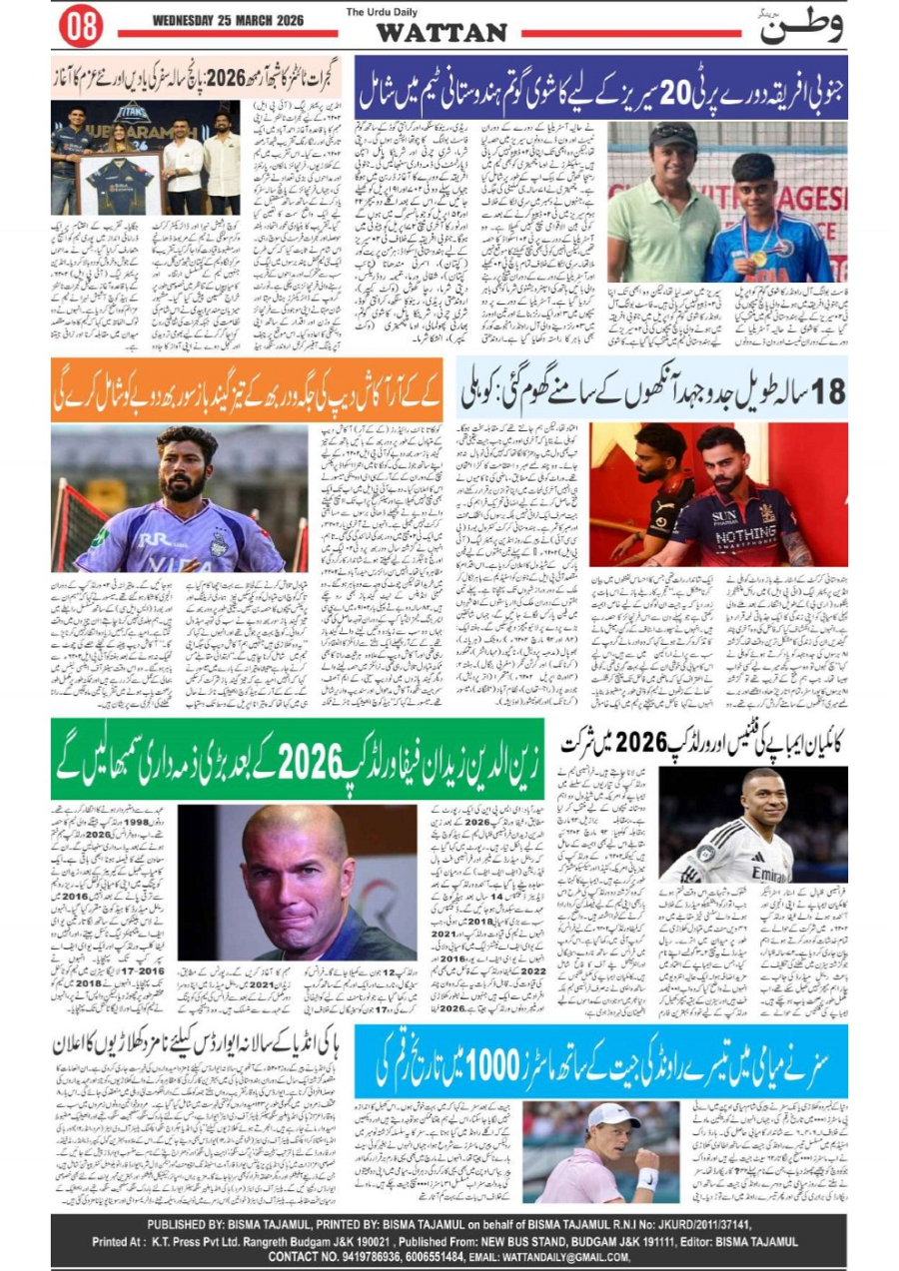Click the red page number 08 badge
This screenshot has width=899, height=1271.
[x=80, y=27]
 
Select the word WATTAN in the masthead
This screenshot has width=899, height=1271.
[x=441, y=32]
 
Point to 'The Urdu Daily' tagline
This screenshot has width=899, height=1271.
[x=380, y=12]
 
